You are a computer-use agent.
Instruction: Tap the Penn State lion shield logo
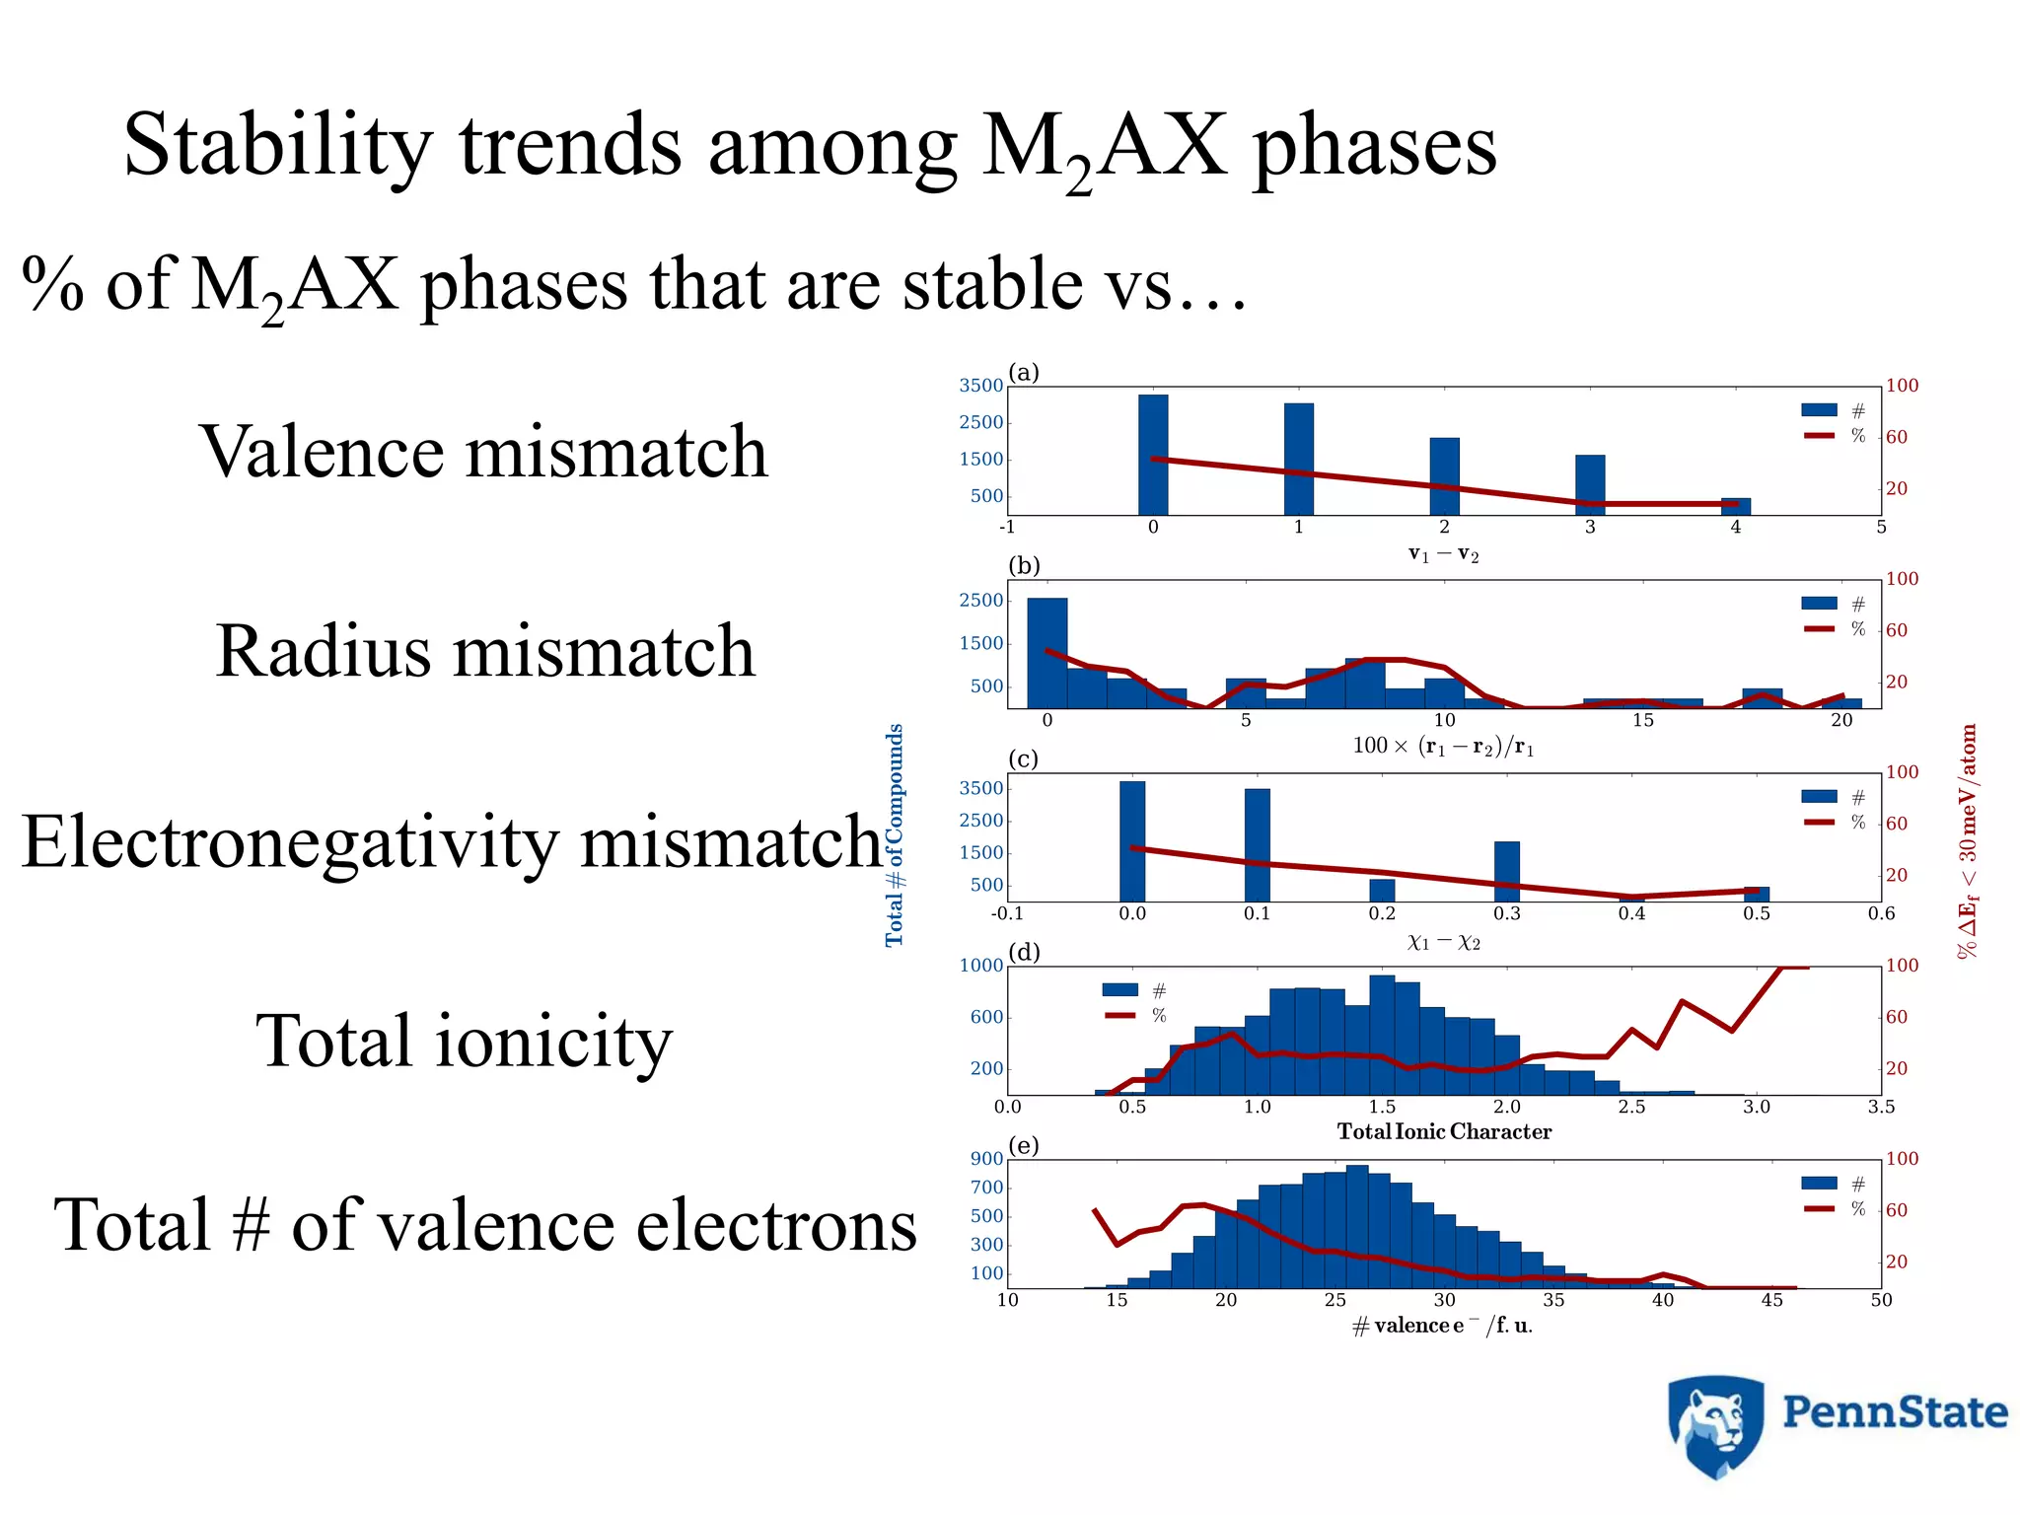pos(1715,1426)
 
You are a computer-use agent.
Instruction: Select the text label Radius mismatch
pos(485,651)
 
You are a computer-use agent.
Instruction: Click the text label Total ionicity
pos(464,1041)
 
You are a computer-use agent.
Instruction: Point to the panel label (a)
pos(1024,373)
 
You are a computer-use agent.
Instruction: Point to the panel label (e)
pos(1024,1146)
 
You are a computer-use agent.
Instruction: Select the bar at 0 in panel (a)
pos(1153,455)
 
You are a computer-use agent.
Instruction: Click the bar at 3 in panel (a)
pos(1590,484)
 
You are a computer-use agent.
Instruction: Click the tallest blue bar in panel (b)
pos(1046,652)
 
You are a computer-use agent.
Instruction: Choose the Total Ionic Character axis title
pos(1444,1132)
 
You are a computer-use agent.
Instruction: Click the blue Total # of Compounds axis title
pos(895,835)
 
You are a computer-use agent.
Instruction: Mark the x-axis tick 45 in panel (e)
pos(1771,1301)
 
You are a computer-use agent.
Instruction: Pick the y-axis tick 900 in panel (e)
pos(986,1159)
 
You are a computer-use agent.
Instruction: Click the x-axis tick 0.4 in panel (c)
pos(1631,914)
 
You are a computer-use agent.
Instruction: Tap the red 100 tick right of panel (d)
pos(1903,966)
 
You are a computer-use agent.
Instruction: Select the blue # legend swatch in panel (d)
pos(1119,990)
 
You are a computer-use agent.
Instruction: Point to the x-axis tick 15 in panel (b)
pos(1642,721)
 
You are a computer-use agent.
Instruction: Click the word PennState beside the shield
pos(1895,1412)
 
